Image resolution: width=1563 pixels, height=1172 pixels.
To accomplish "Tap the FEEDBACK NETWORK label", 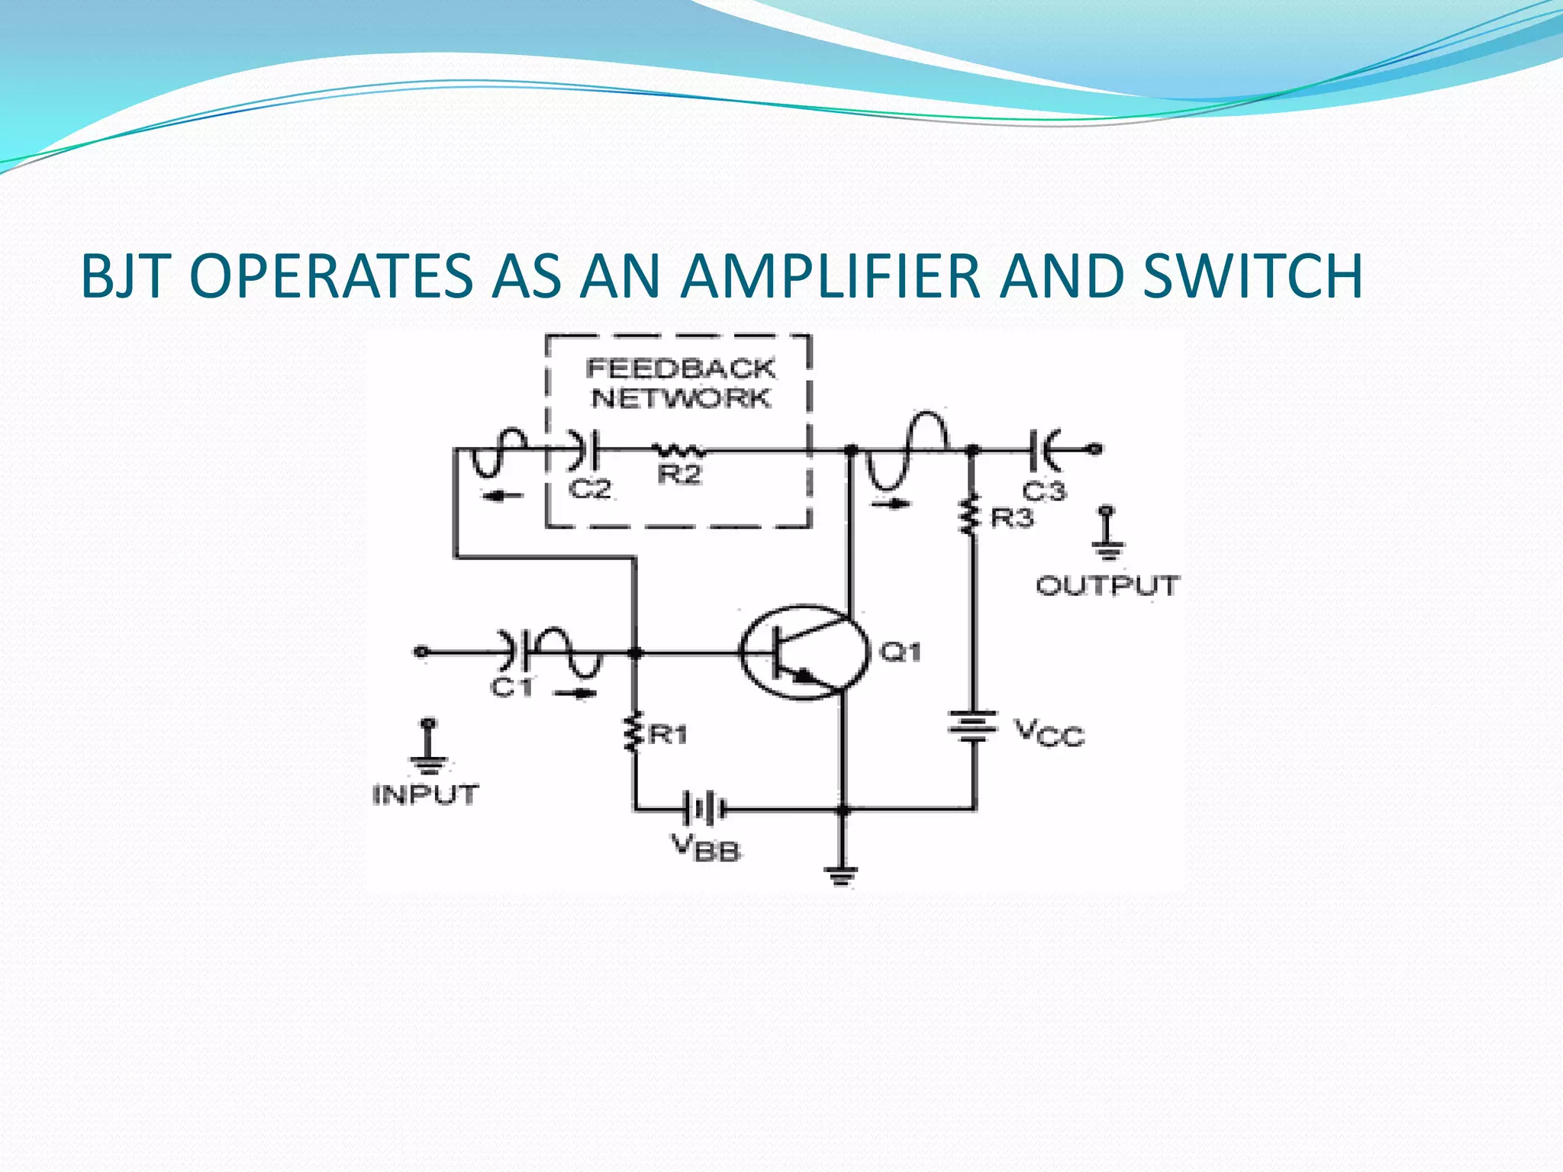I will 680,383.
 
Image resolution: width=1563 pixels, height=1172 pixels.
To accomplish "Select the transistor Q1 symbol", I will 804,653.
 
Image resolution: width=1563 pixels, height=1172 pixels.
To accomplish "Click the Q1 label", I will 901,652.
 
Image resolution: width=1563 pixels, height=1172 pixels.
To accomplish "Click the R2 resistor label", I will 679,475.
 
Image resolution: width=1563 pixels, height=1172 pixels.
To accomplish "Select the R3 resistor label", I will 1011,519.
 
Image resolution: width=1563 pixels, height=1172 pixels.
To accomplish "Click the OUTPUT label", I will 1107,586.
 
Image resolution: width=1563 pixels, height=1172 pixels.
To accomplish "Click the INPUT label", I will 425,795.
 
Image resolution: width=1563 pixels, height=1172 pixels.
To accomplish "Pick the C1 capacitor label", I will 511,687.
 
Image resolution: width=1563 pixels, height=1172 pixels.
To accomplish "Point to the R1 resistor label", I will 668,735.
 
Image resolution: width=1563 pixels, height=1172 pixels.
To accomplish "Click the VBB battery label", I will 706,848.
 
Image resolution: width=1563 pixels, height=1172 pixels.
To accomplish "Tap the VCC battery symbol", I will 972,726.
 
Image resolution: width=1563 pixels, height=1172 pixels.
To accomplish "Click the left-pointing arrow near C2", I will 503,497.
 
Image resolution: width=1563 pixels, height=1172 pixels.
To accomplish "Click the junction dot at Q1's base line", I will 634,653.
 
